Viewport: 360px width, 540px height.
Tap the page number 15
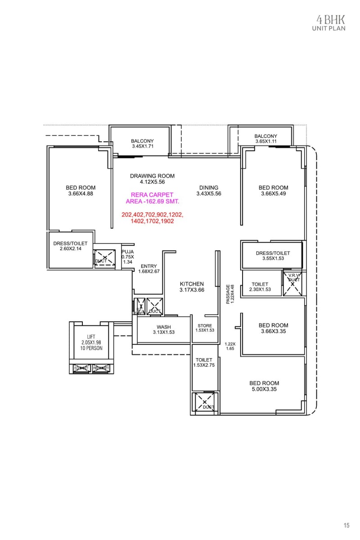pyautogui.click(x=346, y=525)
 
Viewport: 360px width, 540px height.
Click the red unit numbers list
pyautogui.click(x=153, y=218)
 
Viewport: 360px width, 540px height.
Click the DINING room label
pyautogui.click(x=209, y=190)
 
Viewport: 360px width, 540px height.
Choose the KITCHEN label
pyautogui.click(x=192, y=287)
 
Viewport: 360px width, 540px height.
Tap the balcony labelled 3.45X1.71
pyautogui.click(x=143, y=144)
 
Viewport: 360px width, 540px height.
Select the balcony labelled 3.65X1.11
pyautogui.click(x=265, y=139)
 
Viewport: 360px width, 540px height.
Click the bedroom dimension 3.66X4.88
pyautogui.click(x=81, y=193)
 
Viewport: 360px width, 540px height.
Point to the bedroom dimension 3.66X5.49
pyautogui.click(x=273, y=193)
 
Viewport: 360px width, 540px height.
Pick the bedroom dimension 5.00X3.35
pyautogui.click(x=264, y=389)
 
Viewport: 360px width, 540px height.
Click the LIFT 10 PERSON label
pyautogui.click(x=92, y=342)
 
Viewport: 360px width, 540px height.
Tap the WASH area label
pyautogui.click(x=163, y=329)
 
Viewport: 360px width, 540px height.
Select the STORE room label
pyautogui.click(x=205, y=328)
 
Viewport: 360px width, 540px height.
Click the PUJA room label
pyautogui.click(x=127, y=256)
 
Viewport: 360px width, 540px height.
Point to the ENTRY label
pyautogui.click(x=149, y=269)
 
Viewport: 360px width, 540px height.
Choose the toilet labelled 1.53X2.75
pyautogui.click(x=205, y=362)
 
